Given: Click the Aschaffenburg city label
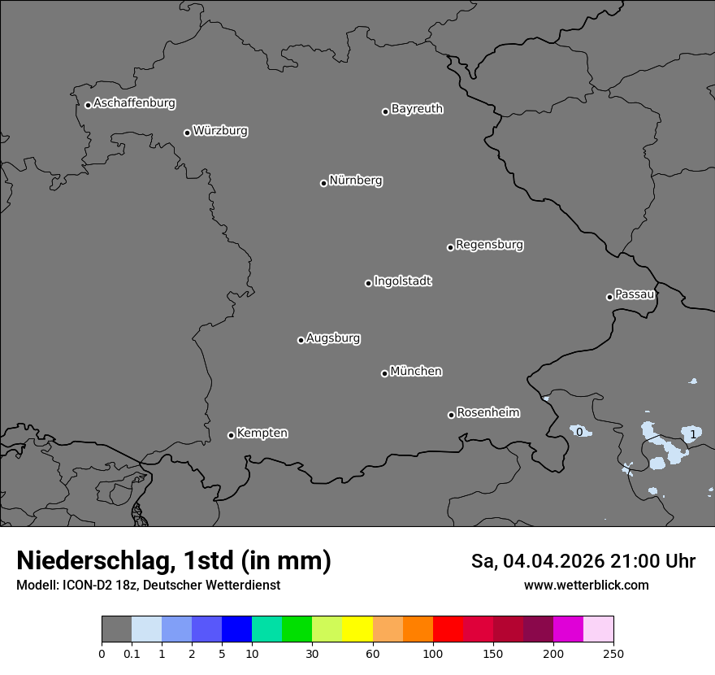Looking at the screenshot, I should pyautogui.click(x=134, y=103).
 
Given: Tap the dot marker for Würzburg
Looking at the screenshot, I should pyautogui.click(x=187, y=133).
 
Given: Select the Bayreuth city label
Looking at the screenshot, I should pyautogui.click(x=417, y=109).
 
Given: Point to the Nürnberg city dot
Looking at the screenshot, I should pyautogui.click(x=323, y=183).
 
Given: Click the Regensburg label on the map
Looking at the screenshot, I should pyautogui.click(x=489, y=245).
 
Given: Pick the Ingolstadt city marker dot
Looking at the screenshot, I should pyautogui.click(x=368, y=283).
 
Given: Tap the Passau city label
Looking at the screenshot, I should pyautogui.click(x=635, y=294).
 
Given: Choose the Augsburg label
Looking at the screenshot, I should pyautogui.click(x=333, y=338).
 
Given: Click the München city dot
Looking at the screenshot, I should pyautogui.click(x=384, y=373).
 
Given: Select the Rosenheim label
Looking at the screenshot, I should pyautogui.click(x=487, y=413).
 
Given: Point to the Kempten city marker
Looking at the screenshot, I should pyautogui.click(x=231, y=435).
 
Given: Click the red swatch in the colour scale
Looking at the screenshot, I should pyautogui.click(x=448, y=629).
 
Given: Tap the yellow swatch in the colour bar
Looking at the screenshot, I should pyautogui.click(x=357, y=629).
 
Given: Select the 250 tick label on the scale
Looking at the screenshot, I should pyautogui.click(x=613, y=653).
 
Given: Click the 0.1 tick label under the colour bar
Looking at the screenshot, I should pyautogui.click(x=132, y=653).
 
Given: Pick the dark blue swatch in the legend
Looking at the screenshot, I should pyautogui.click(x=236, y=629).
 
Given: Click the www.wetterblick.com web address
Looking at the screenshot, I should pyautogui.click(x=586, y=585).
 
